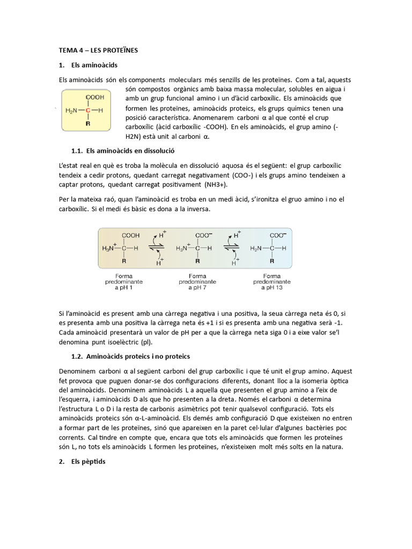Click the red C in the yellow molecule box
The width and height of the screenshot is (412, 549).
pos(88,110)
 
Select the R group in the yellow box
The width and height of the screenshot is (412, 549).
pos(88,123)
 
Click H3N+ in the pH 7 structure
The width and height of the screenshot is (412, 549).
pos(183,248)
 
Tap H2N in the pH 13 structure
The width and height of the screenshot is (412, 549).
pos(258,248)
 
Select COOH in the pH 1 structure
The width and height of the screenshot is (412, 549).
pos(130,235)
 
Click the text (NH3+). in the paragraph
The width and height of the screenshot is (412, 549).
pos(215,184)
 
